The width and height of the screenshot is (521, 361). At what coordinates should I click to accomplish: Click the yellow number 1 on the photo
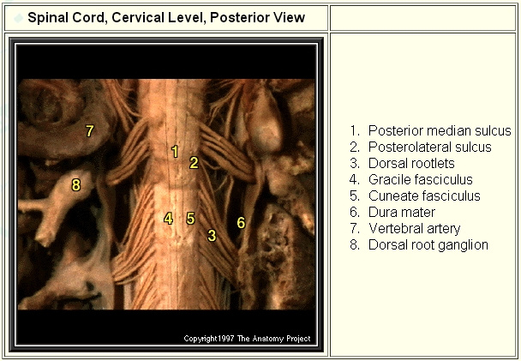(175, 152)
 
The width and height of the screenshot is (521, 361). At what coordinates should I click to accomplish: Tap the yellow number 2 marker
(194, 163)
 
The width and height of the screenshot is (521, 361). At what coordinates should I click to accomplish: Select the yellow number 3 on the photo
(212, 235)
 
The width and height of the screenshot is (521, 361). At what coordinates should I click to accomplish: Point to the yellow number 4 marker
(169, 219)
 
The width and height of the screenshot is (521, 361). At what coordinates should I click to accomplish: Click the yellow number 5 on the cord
(190, 219)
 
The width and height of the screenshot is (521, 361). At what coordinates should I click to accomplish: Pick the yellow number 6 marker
(242, 222)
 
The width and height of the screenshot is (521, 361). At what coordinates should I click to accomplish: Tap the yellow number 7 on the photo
(90, 130)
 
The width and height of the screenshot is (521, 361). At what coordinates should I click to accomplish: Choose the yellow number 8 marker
(76, 184)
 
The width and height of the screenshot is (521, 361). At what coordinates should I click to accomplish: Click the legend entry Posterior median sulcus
(440, 130)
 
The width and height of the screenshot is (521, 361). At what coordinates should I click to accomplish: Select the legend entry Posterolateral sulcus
(429, 147)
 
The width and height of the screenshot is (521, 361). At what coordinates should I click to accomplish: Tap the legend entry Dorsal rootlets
(411, 163)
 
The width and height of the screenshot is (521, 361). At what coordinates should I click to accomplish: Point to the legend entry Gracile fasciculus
(421, 179)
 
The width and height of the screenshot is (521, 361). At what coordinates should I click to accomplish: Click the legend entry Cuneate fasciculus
(424, 196)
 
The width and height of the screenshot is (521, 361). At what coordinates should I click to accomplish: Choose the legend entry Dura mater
(402, 212)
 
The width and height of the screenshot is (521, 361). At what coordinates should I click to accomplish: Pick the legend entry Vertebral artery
(415, 229)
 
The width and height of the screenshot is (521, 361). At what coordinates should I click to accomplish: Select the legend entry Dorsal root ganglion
(428, 245)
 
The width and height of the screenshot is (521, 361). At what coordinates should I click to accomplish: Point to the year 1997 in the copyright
(226, 339)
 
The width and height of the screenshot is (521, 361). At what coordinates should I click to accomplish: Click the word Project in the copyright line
(298, 339)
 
